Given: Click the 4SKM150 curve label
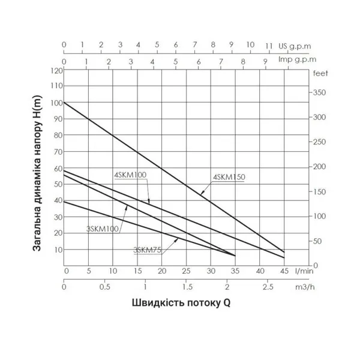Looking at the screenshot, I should pyautogui.click(x=230, y=176).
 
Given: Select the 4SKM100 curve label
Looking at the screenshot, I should pyautogui.click(x=130, y=175).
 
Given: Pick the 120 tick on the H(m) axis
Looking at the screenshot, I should pyautogui.click(x=57, y=70).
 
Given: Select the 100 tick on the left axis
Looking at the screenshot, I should pyautogui.click(x=57, y=103).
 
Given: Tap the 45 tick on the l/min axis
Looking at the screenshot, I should pyautogui.click(x=284, y=271).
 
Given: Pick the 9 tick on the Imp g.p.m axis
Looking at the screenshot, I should pyautogui.click(x=265, y=61).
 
